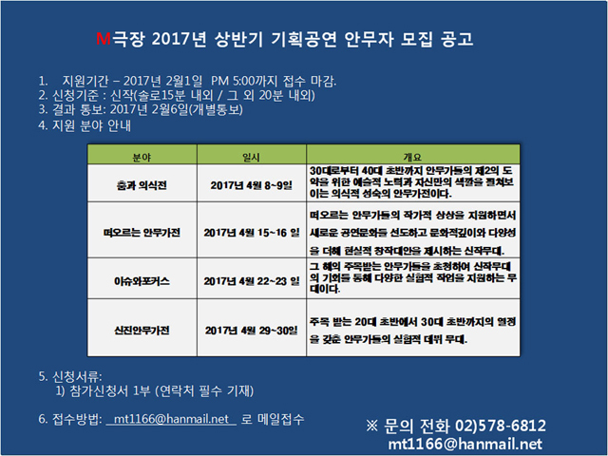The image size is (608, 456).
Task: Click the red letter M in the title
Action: [104, 39]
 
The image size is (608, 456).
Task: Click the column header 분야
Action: [142, 157]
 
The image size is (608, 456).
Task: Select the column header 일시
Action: [251, 157]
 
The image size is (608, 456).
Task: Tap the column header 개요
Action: [412, 157]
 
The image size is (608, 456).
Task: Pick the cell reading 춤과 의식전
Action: [142, 185]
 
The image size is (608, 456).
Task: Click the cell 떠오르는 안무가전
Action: [142, 233]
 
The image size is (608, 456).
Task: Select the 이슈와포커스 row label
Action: [142, 281]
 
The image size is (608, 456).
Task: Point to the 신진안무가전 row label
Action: [142, 331]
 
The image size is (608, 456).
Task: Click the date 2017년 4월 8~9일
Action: [251, 185]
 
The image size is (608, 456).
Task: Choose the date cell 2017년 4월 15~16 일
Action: [252, 233]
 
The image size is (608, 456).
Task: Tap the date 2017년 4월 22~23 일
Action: [252, 281]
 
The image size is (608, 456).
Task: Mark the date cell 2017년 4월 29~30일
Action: [251, 331]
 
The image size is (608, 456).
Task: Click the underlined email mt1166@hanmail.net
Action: [171, 419]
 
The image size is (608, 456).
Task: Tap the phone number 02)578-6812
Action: [501, 426]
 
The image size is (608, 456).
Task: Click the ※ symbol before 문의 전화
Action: [371, 426]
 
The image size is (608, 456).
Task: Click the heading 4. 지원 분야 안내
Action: [85, 125]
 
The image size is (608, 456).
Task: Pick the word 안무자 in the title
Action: [369, 39]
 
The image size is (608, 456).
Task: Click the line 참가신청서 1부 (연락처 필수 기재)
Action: [161, 390]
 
